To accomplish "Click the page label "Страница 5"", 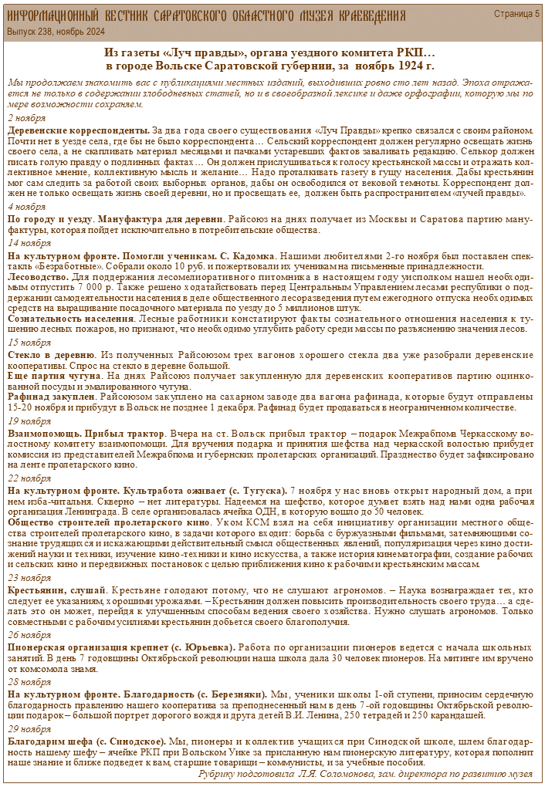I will coord(516,14).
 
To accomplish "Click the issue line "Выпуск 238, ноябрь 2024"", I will coord(55,31).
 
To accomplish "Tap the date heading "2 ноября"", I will coord(25,118).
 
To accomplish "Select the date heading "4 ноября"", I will coord(25,207).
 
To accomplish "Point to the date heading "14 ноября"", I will coord(28,242).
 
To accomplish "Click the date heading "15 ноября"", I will coord(28,342).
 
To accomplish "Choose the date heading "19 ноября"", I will coord(28,421).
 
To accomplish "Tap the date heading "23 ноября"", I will coord(28,577).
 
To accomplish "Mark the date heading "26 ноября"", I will coord(28,634).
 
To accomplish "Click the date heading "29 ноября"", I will coord(28,728).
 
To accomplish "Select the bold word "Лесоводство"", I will coord(39,276).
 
